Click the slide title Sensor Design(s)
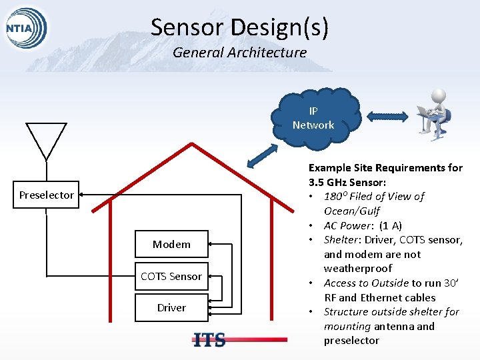239,27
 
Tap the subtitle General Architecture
239,52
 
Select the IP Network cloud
313,118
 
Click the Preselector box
47,195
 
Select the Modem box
171,245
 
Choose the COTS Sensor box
171,276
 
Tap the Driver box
171,307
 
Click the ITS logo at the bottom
209,340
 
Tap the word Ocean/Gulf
351,211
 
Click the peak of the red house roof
192,145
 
